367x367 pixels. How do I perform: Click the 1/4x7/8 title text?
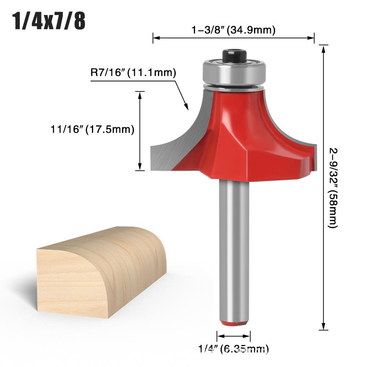tap(49, 22)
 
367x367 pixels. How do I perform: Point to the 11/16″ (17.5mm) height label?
tap(92, 129)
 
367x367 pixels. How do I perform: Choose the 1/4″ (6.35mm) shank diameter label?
tap(233, 349)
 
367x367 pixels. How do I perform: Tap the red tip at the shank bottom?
tap(234, 323)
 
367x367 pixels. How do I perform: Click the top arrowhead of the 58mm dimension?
tap(323, 48)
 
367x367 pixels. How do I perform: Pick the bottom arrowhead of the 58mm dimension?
tap(323, 328)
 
